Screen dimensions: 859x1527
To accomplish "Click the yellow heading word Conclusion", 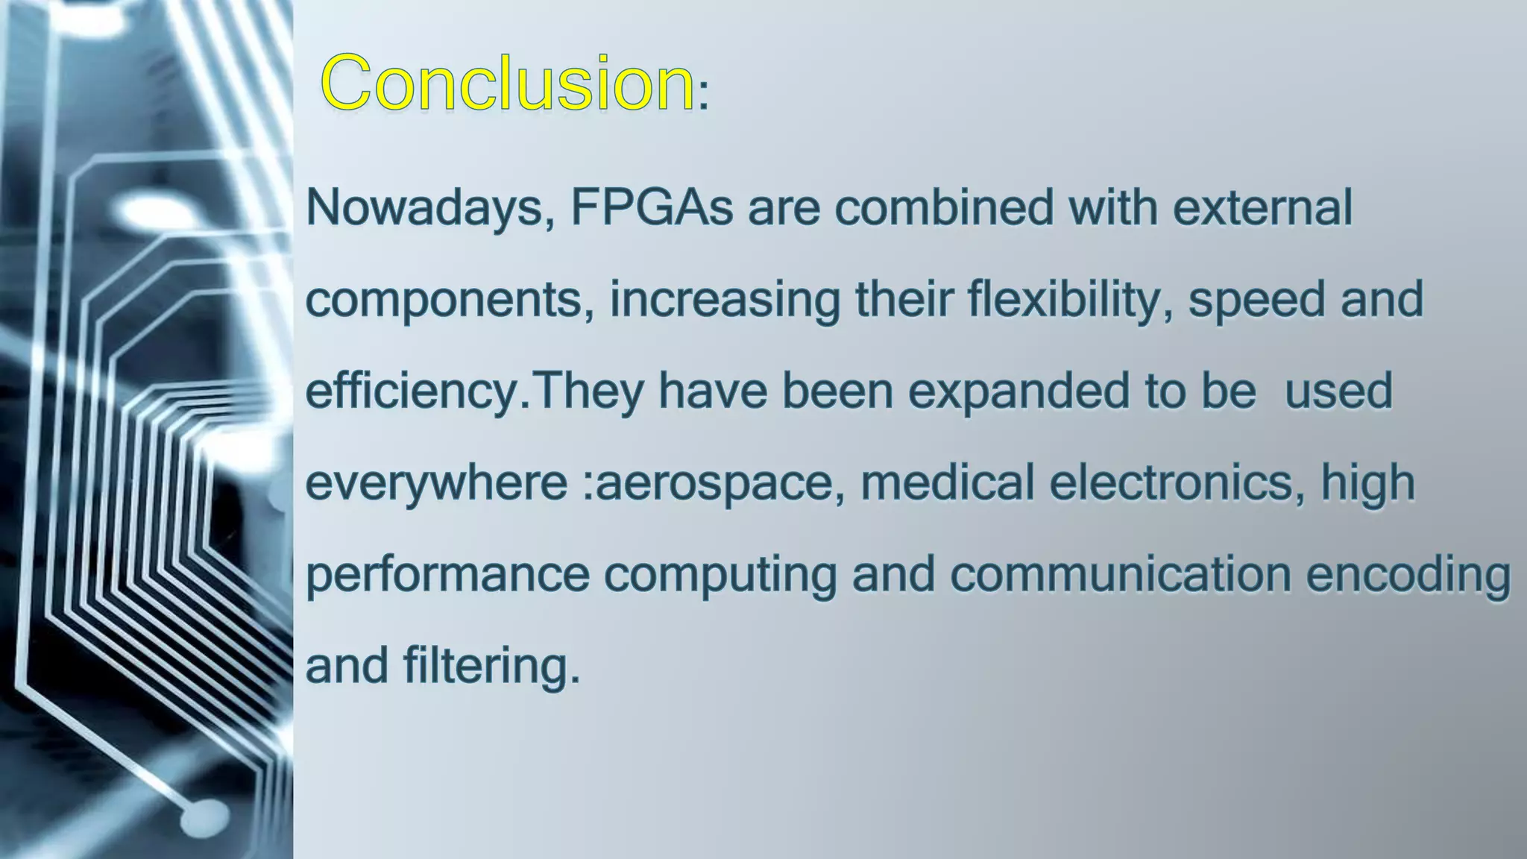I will tap(507, 84).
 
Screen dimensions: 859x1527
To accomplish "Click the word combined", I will tap(943, 208).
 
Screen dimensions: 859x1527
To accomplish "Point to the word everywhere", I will tap(437, 483).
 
